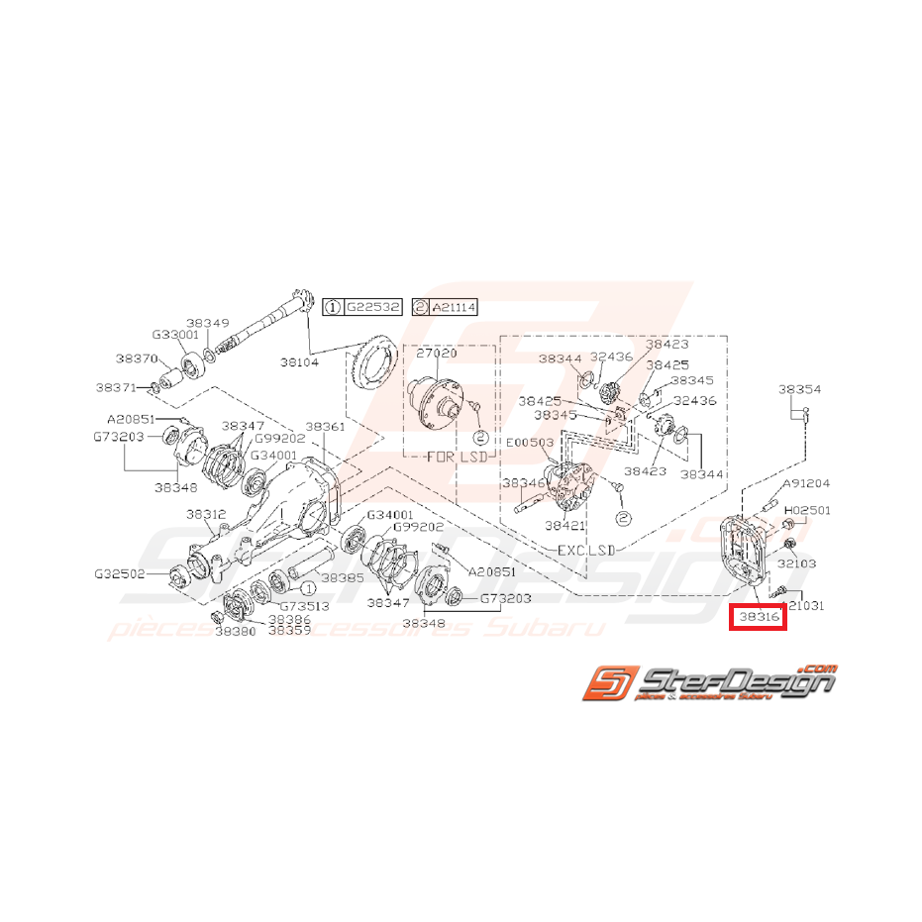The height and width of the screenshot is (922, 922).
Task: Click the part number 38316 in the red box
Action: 758,617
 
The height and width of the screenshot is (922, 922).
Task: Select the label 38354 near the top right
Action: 799,390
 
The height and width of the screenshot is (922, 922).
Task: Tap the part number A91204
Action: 806,484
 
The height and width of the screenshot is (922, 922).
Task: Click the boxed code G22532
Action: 372,308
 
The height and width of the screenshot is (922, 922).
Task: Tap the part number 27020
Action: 436,353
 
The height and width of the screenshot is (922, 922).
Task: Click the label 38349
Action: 208,323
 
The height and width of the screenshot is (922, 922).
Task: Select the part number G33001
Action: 175,335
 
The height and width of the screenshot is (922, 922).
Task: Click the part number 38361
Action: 325,426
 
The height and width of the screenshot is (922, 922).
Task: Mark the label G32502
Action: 119,573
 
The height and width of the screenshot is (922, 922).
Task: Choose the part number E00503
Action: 531,444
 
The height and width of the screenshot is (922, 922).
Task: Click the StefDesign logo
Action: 707,683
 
